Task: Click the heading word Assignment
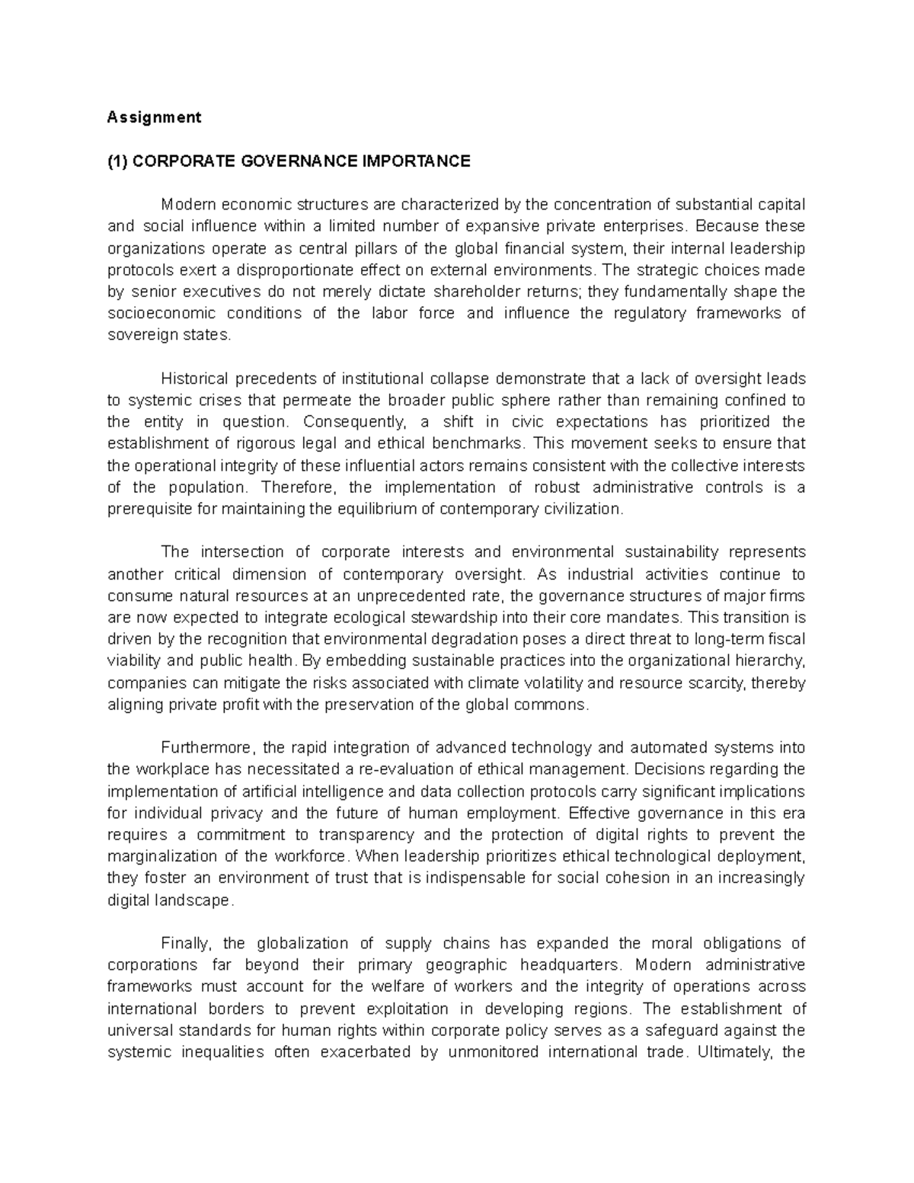(154, 117)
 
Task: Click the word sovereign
(135, 335)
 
